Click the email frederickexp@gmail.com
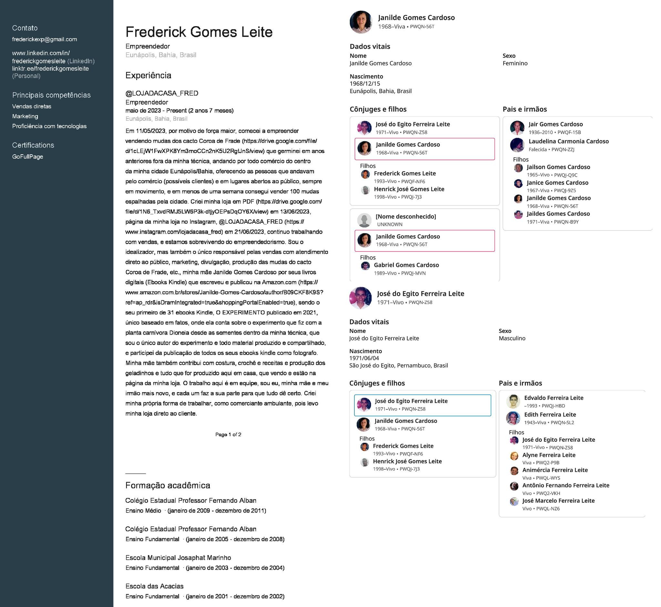point(44,39)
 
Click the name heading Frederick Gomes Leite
point(199,32)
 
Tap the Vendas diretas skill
point(32,106)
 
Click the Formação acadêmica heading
point(168,485)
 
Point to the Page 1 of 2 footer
point(228,435)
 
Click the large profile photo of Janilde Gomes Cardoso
point(361,22)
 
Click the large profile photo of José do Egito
point(361,298)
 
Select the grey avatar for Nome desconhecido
point(364,220)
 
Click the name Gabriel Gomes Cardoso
point(406,265)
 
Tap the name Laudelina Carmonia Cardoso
point(568,141)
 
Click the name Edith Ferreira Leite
point(550,415)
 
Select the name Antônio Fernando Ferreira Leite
point(566,485)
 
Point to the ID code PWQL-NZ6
point(548,509)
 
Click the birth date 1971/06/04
point(364,358)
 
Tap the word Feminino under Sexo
point(515,63)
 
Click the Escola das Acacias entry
point(154,586)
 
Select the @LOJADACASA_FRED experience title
point(162,93)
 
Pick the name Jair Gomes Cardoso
point(555,124)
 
